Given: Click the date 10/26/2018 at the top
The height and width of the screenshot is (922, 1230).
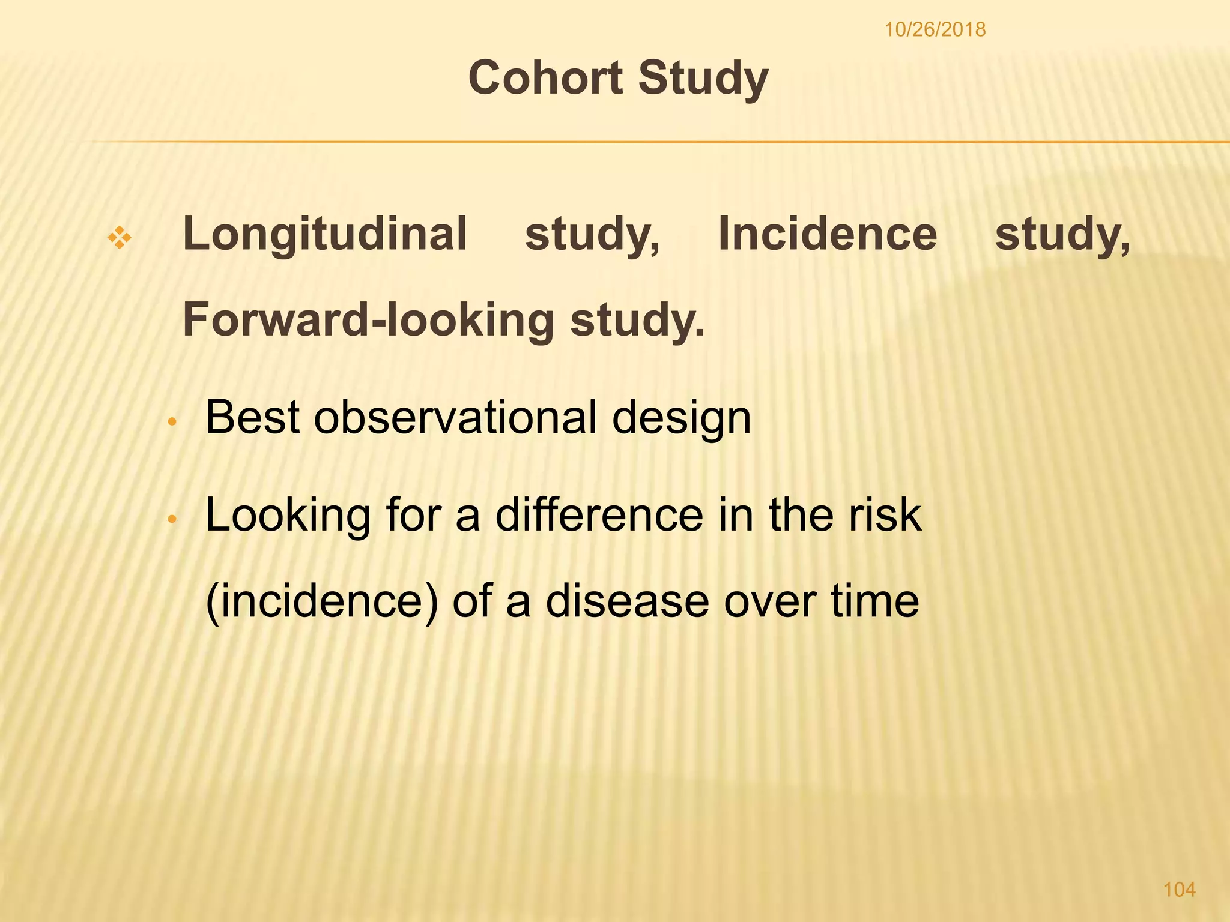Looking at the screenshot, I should tap(935, 29).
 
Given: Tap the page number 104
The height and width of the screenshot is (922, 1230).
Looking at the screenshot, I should tap(1179, 889).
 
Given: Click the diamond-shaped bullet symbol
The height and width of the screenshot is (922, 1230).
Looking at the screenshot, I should tap(120, 238).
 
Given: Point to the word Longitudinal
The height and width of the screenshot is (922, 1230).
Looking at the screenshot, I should tap(324, 235).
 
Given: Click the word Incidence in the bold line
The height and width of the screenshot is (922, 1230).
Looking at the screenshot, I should tap(827, 234).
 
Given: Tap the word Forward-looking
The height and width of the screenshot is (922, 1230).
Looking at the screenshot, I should tap(368, 320).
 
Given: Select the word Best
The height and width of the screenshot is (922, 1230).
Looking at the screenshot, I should tap(252, 417).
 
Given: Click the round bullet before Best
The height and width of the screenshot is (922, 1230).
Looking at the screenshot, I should tap(172, 422).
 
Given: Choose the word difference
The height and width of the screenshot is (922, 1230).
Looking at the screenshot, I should tap(599, 515).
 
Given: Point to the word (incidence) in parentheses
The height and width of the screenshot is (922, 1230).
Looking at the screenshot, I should tap(322, 601).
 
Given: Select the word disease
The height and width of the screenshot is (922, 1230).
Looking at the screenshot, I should tap(627, 601).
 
